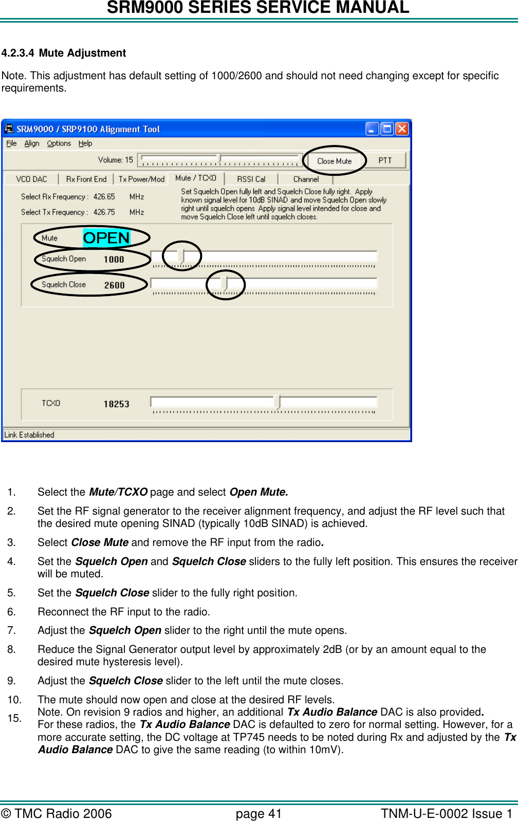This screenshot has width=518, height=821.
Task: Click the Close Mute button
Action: (x=334, y=161)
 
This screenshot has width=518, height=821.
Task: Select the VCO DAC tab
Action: (x=31, y=179)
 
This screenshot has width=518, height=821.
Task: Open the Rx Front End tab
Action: (x=86, y=179)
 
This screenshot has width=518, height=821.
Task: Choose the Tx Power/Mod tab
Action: (x=141, y=179)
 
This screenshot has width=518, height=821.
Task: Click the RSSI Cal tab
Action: (x=251, y=179)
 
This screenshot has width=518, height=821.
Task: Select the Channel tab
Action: (x=306, y=179)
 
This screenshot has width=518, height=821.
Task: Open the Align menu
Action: (x=32, y=143)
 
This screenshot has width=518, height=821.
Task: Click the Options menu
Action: (x=59, y=143)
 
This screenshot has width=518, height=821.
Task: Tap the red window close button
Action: (x=402, y=129)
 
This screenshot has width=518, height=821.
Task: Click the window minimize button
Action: (x=372, y=129)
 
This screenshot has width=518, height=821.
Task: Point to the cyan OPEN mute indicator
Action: (x=106, y=238)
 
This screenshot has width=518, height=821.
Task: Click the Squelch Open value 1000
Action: (x=114, y=260)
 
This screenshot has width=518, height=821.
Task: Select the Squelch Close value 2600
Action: (x=114, y=285)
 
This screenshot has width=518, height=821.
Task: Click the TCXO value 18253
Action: (x=116, y=404)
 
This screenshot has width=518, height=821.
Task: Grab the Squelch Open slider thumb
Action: (x=181, y=256)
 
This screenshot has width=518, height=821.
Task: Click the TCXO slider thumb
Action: (x=277, y=402)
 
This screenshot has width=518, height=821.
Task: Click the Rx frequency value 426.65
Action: (x=104, y=196)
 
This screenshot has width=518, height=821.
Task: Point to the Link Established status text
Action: (x=29, y=434)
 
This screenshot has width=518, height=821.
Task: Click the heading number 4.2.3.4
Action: (x=18, y=53)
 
